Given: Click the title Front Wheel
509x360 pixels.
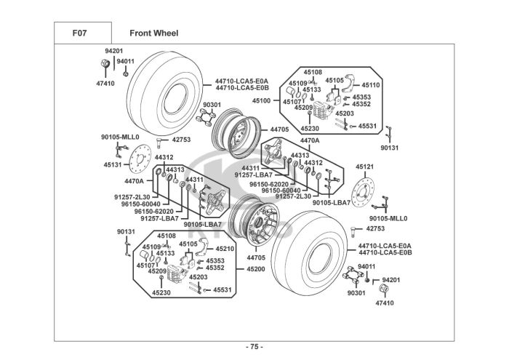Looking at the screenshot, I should pyautogui.click(x=153, y=33).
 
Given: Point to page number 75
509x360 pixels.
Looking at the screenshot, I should pyautogui.click(x=254, y=346).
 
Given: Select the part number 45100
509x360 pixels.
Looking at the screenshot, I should pyautogui.click(x=261, y=100).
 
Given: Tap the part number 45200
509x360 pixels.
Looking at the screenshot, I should pyautogui.click(x=256, y=268).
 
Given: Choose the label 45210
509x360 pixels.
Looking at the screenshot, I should pyautogui.click(x=225, y=249).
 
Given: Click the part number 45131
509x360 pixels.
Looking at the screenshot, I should pyautogui.click(x=113, y=164).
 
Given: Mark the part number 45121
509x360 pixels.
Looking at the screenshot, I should pyautogui.click(x=364, y=167).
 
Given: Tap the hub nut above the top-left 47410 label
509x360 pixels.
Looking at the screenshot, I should pyautogui.click(x=103, y=67).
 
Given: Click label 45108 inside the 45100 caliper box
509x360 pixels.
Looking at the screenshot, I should pyautogui.click(x=313, y=72).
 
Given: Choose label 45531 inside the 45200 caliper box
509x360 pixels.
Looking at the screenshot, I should pyautogui.click(x=223, y=290).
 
